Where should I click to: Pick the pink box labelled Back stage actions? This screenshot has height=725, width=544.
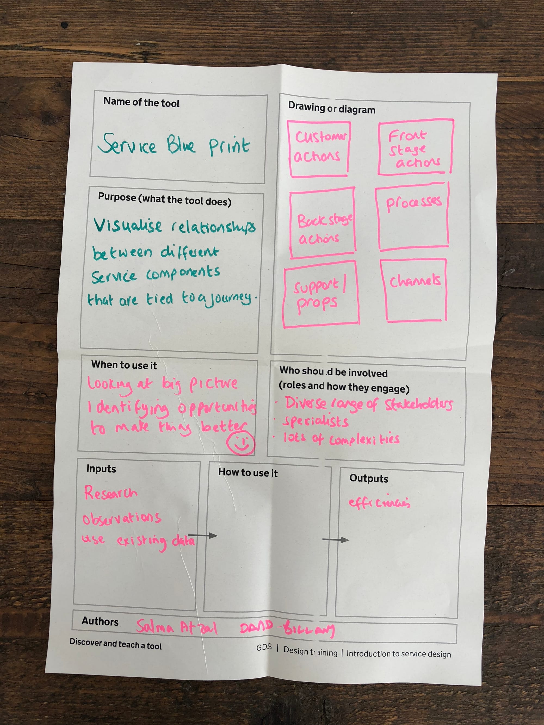[x=323, y=223]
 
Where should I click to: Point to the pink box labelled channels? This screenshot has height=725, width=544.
[x=414, y=290]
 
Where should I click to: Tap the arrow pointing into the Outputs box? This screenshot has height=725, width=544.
[x=335, y=540]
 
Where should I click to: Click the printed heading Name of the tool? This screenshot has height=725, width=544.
[x=141, y=102]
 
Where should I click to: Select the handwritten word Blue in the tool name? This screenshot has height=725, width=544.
[x=181, y=145]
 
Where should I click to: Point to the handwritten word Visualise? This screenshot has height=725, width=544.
[x=128, y=226]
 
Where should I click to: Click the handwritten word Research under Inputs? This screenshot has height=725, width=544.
[x=110, y=493]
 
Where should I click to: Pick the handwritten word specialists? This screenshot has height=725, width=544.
[x=316, y=421]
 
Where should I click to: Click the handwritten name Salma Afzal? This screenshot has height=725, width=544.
[x=177, y=627]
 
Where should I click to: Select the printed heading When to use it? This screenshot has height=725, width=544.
[x=124, y=365]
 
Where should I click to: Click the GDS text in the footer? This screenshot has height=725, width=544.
[x=264, y=647]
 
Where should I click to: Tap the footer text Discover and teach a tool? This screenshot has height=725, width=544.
[x=115, y=644]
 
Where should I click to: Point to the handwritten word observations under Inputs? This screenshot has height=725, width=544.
[x=122, y=518]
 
